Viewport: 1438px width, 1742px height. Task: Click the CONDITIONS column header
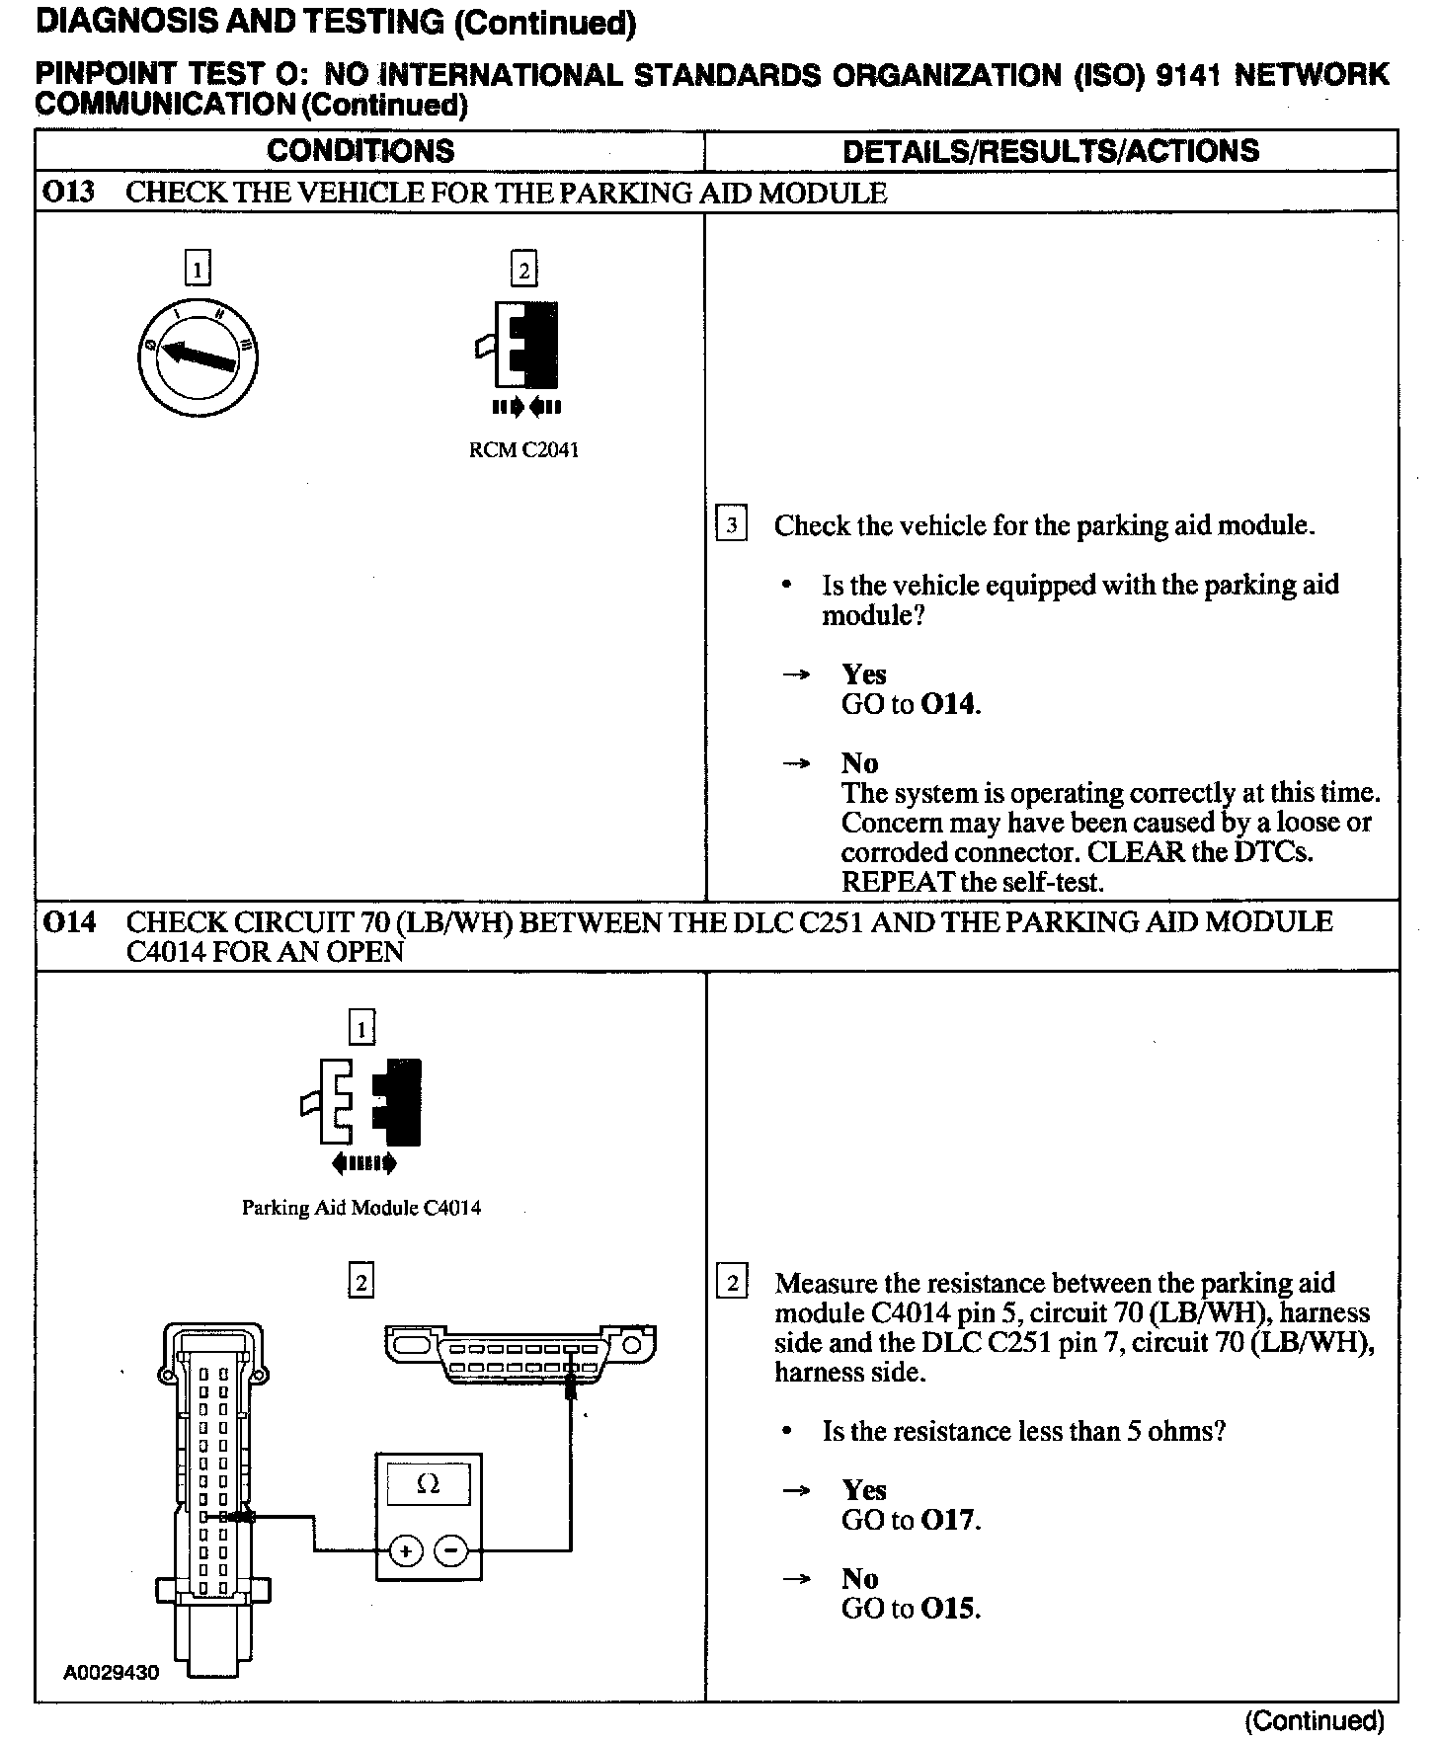pos(360,151)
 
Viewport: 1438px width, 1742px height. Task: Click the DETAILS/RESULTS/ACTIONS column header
pos(1051,151)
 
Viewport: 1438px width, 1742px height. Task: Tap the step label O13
pos(68,192)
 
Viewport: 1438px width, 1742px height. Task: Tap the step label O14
pos(68,922)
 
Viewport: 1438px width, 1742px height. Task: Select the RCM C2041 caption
pos(523,450)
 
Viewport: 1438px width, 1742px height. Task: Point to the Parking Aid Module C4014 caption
pos(361,1208)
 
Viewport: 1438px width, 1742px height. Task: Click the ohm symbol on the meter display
pos(428,1484)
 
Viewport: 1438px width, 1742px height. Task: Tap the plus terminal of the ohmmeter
pos(406,1550)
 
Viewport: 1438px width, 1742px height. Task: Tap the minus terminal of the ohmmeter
pos(450,1550)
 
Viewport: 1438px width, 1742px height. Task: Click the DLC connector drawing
pos(521,1354)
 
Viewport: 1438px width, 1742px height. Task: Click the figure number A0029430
pos(111,1672)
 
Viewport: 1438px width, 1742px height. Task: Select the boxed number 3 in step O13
pos(731,524)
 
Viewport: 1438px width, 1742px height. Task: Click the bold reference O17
pos(948,1520)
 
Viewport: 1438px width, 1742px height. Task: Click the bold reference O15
pos(948,1609)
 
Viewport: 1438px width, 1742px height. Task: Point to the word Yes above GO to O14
pos(864,674)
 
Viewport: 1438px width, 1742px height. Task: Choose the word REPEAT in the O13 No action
pos(898,882)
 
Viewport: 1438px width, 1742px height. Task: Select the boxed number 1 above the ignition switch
pos(199,269)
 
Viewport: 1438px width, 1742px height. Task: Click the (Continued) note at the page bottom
pos(1314,1721)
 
